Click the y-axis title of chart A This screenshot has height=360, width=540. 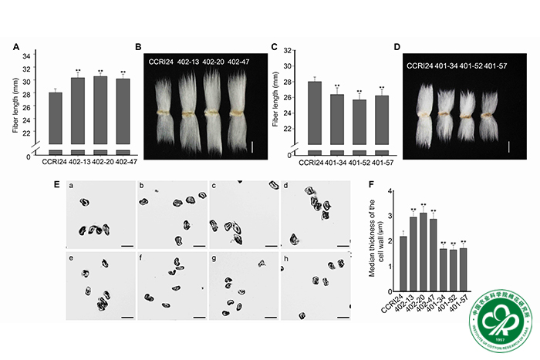(16, 99)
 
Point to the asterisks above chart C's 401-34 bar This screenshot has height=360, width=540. (336, 86)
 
